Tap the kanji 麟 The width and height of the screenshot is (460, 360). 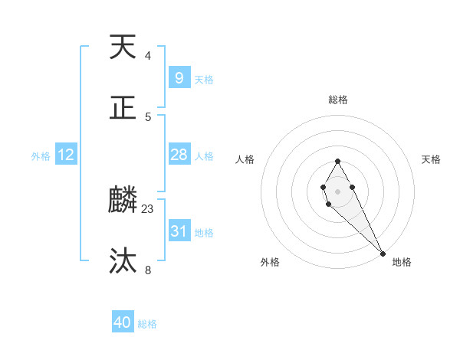coord(123,201)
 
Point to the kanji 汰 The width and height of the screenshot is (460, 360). coord(123,261)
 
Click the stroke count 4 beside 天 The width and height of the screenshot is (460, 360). coord(148,56)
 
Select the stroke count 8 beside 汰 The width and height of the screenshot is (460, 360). coord(148,270)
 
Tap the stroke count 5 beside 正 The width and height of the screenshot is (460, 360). coord(148,116)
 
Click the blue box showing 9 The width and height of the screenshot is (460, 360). coord(179,77)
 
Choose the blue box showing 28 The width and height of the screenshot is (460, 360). coord(179,155)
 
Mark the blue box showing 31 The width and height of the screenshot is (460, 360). coord(179,231)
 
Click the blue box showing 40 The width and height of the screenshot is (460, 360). coord(123,322)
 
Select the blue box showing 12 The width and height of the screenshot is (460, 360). coord(66,155)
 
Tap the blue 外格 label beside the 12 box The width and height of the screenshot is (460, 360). coord(41,156)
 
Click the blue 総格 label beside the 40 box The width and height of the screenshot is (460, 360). coord(147,324)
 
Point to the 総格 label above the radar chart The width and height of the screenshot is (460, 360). coord(337,100)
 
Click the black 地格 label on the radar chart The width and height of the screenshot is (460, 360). coord(402,262)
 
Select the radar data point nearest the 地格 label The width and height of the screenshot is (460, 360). coord(383,254)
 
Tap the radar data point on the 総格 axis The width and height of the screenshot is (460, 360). coord(337,161)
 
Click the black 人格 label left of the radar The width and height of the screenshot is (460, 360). coord(245,159)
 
